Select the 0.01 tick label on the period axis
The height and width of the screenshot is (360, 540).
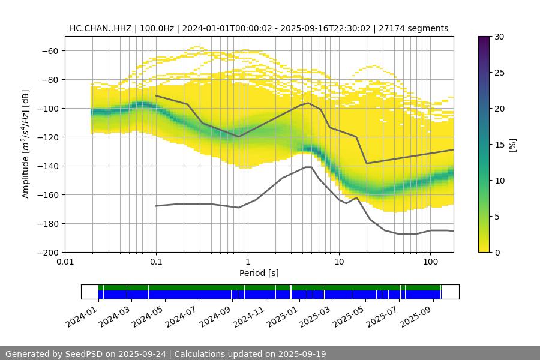tap(65, 262)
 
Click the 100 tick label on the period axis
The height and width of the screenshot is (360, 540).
tap(430, 262)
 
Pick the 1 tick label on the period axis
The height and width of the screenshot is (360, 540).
tap(247, 262)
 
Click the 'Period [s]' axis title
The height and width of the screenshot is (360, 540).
tap(259, 273)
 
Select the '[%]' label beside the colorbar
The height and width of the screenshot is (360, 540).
tap(512, 145)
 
